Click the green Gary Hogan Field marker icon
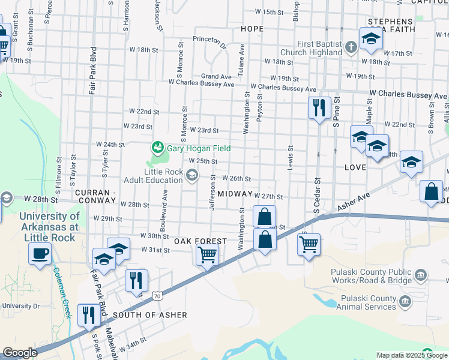(158, 146)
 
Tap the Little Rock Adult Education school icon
(192, 175)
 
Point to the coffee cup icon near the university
(40, 253)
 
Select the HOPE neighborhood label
(252, 29)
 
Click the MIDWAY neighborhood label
(235, 194)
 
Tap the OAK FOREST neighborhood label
(200, 241)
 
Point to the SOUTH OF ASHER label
(150, 315)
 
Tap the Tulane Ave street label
(241, 56)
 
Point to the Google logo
(20, 353)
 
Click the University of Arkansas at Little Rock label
(49, 227)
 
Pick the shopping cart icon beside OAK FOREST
(207, 254)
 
